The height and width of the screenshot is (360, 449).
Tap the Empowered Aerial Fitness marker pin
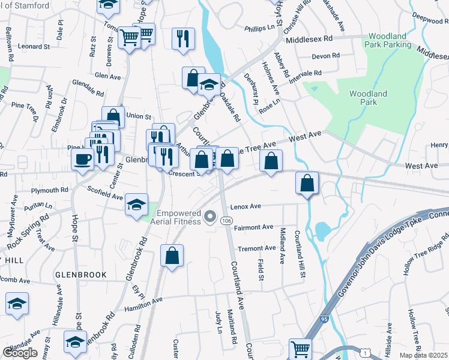(x=210, y=217)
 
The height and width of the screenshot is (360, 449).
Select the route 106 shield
(x=226, y=222)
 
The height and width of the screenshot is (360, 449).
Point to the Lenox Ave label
(x=246, y=206)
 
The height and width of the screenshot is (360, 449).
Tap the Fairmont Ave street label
(x=255, y=227)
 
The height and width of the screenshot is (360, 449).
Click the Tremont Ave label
(x=257, y=248)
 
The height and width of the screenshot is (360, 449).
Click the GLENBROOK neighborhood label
(x=80, y=275)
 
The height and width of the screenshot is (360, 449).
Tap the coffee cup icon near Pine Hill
(x=82, y=160)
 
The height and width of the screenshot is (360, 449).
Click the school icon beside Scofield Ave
(x=137, y=205)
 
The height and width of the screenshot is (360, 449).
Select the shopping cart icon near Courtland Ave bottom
(x=300, y=349)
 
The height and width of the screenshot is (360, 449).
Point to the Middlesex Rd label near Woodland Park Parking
(x=309, y=38)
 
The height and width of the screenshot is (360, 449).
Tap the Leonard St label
(x=33, y=46)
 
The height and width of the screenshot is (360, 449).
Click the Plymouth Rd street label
(x=51, y=190)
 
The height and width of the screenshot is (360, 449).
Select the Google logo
(x=20, y=353)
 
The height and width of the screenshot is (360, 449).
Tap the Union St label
(x=139, y=116)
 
